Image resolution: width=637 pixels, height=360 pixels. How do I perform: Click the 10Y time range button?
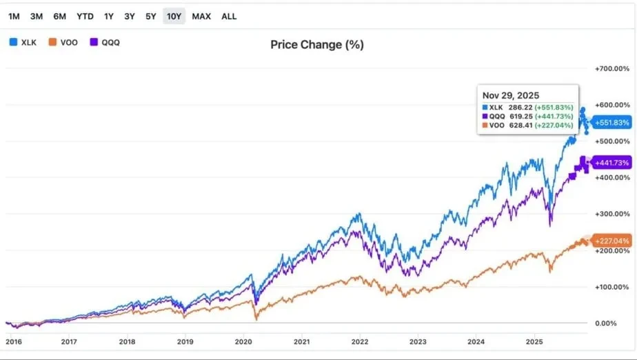click(174, 16)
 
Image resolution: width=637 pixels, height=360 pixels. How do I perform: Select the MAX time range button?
click(201, 16)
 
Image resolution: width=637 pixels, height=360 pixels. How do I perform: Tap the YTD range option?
click(85, 16)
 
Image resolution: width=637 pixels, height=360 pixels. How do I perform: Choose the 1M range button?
click(14, 16)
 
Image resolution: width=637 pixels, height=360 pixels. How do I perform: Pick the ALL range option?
click(229, 16)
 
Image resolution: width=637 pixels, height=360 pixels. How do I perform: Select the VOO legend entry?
click(63, 42)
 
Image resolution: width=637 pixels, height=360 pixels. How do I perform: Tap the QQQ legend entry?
click(105, 42)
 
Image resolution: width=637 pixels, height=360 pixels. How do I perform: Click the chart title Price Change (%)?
click(317, 45)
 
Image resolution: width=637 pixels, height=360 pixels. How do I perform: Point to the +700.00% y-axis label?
click(611, 69)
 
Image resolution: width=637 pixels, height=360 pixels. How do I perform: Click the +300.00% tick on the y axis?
click(611, 214)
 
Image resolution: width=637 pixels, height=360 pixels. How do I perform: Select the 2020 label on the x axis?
click(243, 341)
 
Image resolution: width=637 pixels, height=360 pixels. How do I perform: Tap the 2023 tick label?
click(418, 341)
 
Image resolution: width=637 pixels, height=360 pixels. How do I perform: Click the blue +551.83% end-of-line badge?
click(611, 122)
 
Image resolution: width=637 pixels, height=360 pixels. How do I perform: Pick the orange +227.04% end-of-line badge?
click(611, 241)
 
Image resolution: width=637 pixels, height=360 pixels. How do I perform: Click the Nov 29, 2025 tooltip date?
click(511, 95)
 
